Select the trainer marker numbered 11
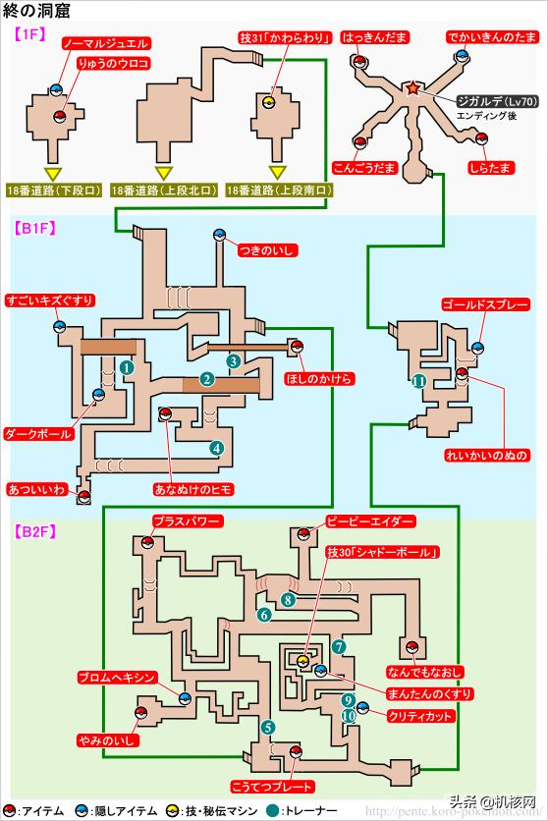pos(419,381)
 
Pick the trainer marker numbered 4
pos(215,447)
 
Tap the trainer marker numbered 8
pos(289,599)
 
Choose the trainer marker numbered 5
pos(268,727)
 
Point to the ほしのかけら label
pos(318,377)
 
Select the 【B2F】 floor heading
pos(35,531)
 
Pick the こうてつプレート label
pos(272,787)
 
